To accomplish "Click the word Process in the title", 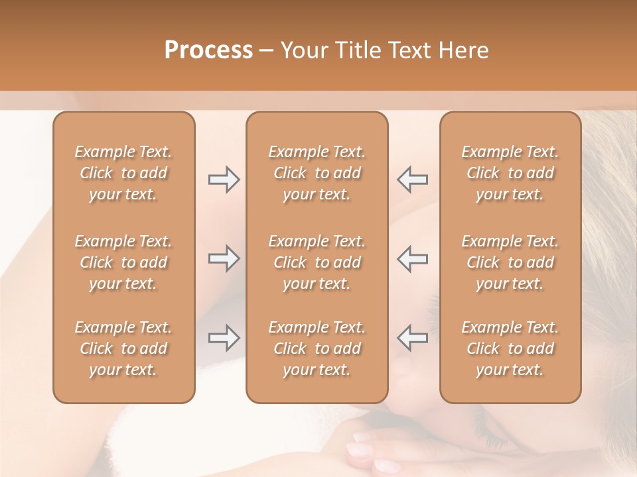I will click(x=208, y=50).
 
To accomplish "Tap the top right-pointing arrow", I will click(x=224, y=180).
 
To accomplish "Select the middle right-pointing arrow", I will click(x=224, y=258).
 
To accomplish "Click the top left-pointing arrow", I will click(x=413, y=180).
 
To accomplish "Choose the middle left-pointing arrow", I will click(x=413, y=258).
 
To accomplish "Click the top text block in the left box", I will click(x=123, y=173).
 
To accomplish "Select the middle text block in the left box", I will click(x=123, y=262).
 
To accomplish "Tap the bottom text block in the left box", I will click(x=123, y=348).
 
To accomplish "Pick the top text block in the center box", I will click(x=317, y=173).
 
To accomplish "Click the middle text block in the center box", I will click(x=317, y=262).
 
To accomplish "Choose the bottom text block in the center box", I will click(x=317, y=348).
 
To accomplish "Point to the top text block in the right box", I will click(x=510, y=173).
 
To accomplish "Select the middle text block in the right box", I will click(x=510, y=262).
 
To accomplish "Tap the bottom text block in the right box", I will click(x=510, y=348).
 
